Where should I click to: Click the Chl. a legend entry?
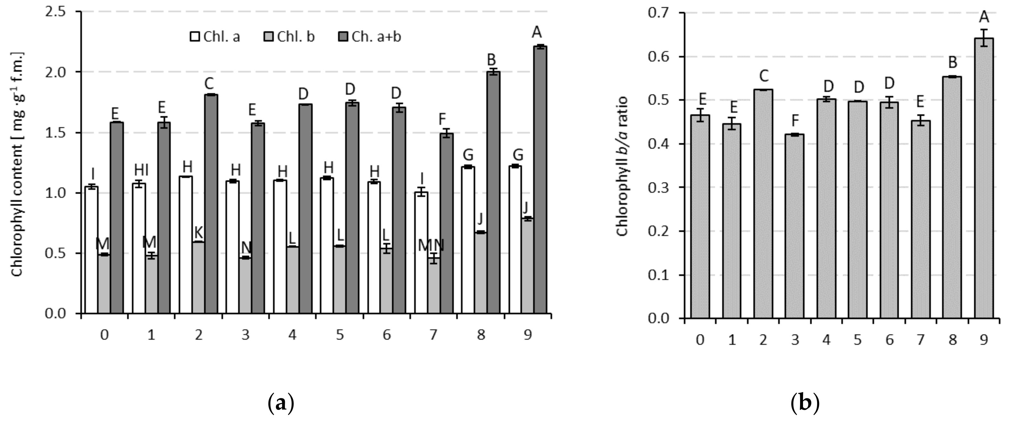pos(215,37)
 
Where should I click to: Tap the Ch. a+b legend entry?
pos(370,37)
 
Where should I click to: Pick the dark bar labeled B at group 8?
pos(493,192)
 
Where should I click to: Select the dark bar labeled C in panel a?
pos(211,204)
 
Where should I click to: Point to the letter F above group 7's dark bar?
pos(442,119)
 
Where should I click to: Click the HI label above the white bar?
pos(141,170)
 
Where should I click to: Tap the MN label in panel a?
pos(431,246)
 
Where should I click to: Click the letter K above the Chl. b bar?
pos(198,233)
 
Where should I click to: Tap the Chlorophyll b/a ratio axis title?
pos(622,166)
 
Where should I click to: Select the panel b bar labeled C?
pos(763,204)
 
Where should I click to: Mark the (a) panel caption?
pos(280,403)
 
